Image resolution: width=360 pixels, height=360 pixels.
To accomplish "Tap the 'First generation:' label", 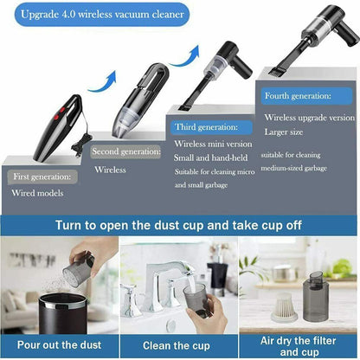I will pos(43,177).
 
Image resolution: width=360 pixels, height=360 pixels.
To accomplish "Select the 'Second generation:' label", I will pos(127,151).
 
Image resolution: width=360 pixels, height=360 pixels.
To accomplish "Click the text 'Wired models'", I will pos(36,193).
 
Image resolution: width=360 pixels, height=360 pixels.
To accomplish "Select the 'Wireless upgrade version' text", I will pos(309,117).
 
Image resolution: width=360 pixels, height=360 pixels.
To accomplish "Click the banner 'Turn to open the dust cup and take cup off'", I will pos(179,225).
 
